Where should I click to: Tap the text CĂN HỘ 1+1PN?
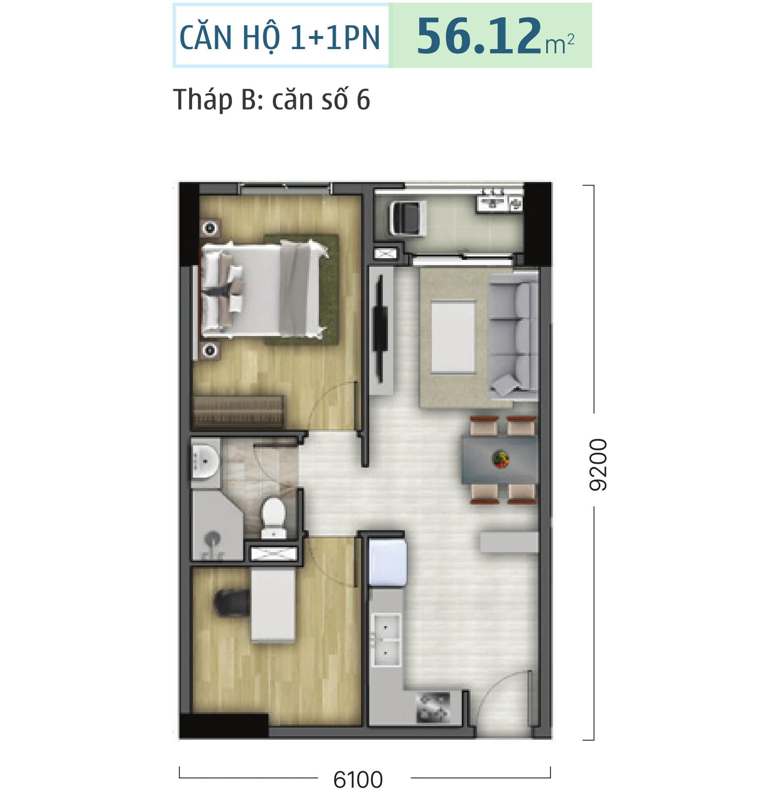[x=280, y=37]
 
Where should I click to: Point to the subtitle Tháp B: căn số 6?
[x=272, y=100]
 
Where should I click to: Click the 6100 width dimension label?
[x=358, y=779]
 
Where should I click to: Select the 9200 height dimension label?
[x=598, y=465]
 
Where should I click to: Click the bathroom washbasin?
[x=205, y=461]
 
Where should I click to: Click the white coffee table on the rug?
[x=453, y=337]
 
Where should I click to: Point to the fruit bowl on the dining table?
[x=500, y=459]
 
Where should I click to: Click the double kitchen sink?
[x=386, y=639]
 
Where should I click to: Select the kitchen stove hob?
[x=433, y=708]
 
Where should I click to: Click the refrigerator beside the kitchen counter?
[x=388, y=562]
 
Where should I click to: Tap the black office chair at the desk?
[x=232, y=603]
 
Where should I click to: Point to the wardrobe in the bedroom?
[x=238, y=412]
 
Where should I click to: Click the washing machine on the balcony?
[x=406, y=218]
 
